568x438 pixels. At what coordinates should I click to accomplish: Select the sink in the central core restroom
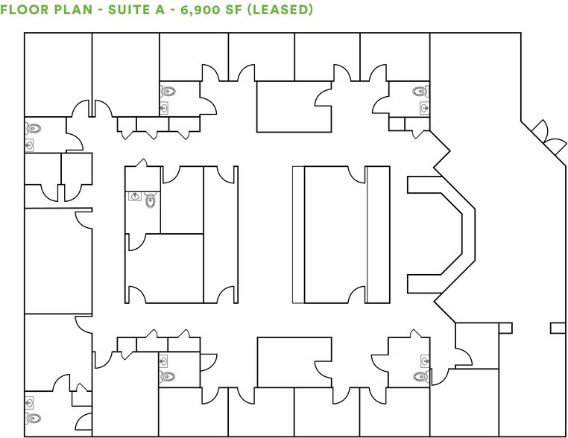point(135,197)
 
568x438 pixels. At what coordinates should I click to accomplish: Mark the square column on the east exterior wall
point(558,328)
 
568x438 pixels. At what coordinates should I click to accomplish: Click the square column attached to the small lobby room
point(505,328)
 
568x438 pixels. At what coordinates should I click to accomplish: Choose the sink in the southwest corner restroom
point(30,403)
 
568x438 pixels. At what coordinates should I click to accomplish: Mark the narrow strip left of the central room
point(298,234)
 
